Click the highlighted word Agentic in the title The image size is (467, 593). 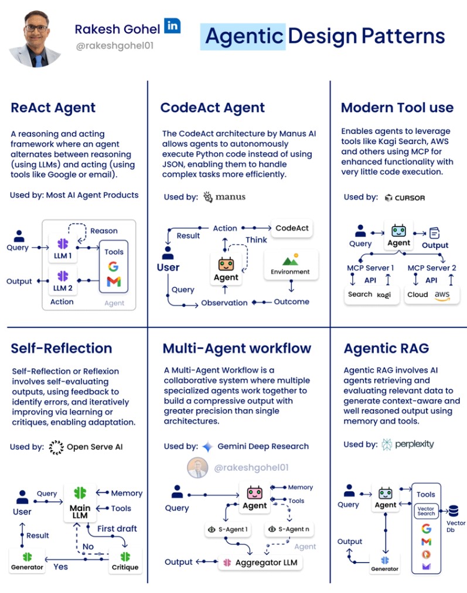(x=243, y=36)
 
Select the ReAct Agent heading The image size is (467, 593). (x=53, y=108)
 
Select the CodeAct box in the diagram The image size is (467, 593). (x=292, y=228)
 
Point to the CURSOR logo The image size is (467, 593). (x=405, y=198)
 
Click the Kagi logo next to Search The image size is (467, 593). (x=384, y=294)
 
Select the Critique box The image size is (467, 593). (x=125, y=561)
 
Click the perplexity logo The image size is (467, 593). (x=408, y=444)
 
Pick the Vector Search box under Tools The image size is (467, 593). (x=426, y=510)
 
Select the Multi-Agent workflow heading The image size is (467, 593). (x=237, y=348)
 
